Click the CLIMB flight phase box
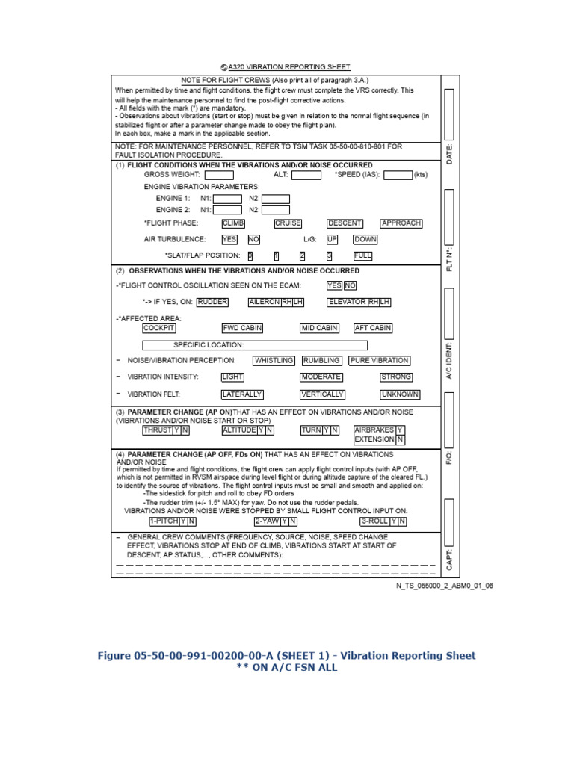[x=233, y=223]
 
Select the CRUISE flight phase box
[x=288, y=223]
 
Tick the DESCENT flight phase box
[x=345, y=223]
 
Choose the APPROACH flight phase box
[x=401, y=223]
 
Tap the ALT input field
[x=306, y=175]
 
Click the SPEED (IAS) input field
[x=398, y=175]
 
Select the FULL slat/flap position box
[x=362, y=255]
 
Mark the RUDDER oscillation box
[x=212, y=302]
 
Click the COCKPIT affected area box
[x=159, y=328]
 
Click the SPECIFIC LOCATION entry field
[x=255, y=345]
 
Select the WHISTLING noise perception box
[x=274, y=361]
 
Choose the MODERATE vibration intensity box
[x=321, y=377]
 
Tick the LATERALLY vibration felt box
[x=242, y=394]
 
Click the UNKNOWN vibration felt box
[x=400, y=394]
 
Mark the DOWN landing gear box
[x=365, y=240]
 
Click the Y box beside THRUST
[x=176, y=430]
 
